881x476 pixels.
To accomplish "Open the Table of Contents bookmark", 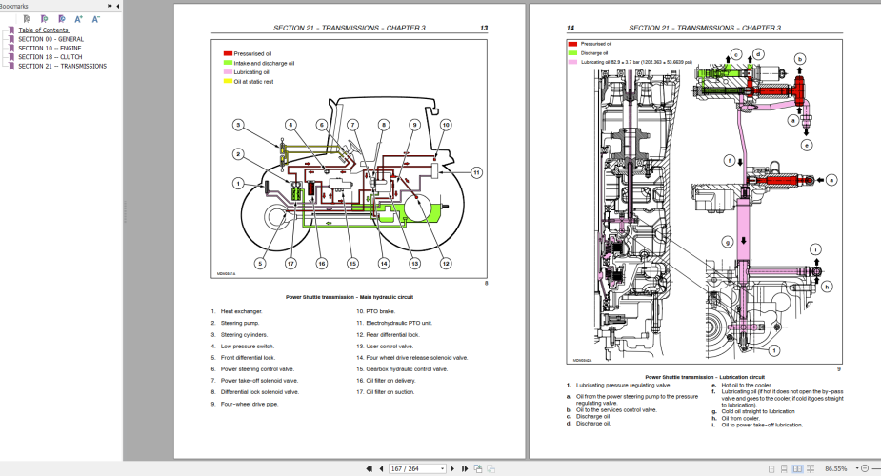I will [x=43, y=30].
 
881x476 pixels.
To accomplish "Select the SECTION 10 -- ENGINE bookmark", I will [x=50, y=48].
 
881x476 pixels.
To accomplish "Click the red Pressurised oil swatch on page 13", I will [x=229, y=54].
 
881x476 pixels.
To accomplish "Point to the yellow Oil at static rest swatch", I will [x=229, y=81].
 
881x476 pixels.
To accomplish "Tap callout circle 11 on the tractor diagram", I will [x=476, y=172].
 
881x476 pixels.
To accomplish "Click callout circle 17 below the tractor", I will [x=290, y=263].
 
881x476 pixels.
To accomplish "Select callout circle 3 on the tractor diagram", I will [x=239, y=126].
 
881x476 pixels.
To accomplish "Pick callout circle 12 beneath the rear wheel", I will [x=445, y=263].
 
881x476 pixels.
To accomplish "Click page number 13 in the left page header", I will [x=484, y=29].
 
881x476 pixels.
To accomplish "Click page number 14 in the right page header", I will [x=571, y=29].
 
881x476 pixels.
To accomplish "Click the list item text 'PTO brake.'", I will [x=384, y=311].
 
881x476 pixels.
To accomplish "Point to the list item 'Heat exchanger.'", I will [x=241, y=311].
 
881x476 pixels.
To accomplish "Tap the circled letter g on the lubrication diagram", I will [x=728, y=243].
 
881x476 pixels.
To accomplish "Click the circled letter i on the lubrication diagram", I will [x=815, y=251].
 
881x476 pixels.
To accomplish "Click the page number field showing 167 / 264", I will [x=417, y=468].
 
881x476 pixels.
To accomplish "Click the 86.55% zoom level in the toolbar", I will [x=835, y=468].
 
